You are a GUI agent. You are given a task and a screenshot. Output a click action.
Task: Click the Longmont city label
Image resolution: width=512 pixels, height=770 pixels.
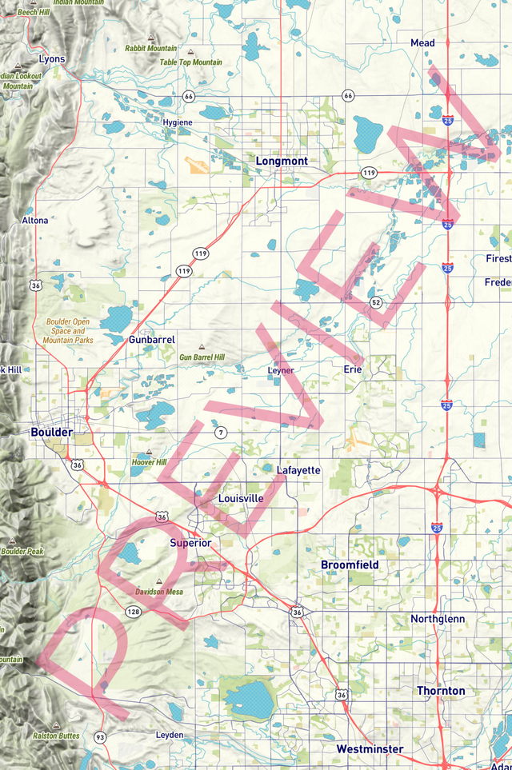coord(282,162)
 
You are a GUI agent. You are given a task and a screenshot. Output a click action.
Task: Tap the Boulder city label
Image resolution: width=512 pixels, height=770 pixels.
coord(51,433)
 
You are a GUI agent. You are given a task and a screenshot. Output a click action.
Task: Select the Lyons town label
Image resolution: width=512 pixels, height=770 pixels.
coord(52,59)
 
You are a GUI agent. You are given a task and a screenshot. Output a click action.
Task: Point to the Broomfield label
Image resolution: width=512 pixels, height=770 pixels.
coord(350,565)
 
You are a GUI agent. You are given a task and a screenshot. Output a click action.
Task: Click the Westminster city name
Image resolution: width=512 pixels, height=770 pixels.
coord(370,749)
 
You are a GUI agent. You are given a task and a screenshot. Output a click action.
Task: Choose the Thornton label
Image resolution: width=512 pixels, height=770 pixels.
coord(440,691)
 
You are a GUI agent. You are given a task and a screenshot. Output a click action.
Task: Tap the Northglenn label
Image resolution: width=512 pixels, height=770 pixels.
coord(437,620)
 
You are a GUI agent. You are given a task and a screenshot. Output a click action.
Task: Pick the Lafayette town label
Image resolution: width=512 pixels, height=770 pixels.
coord(298,471)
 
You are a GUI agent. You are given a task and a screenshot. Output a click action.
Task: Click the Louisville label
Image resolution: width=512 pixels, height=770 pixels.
coord(241,499)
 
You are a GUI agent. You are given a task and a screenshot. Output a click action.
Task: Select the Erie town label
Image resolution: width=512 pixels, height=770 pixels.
coord(353,369)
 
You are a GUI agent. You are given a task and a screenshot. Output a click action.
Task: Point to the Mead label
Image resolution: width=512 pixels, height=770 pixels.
coord(422,42)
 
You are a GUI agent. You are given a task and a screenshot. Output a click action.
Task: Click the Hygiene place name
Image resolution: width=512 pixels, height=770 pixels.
coord(178,122)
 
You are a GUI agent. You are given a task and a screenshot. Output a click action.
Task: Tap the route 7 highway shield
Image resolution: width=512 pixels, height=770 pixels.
coord(221,433)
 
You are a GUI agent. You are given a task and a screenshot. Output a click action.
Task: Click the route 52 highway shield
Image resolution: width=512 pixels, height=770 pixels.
coord(376,302)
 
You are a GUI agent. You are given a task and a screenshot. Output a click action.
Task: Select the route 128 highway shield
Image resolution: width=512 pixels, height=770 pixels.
coord(134,612)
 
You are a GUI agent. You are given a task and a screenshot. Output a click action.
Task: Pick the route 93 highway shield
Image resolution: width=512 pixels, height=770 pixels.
coord(100,736)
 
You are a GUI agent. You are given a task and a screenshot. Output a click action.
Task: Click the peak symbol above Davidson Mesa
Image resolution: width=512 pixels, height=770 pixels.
coord(158,581)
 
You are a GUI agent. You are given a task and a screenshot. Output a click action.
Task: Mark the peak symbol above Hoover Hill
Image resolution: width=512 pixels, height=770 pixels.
coord(149,453)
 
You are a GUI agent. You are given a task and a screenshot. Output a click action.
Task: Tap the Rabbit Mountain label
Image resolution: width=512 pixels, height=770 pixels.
coord(151,49)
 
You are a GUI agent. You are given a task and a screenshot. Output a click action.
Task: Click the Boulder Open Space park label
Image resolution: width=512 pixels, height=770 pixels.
coord(68,331)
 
